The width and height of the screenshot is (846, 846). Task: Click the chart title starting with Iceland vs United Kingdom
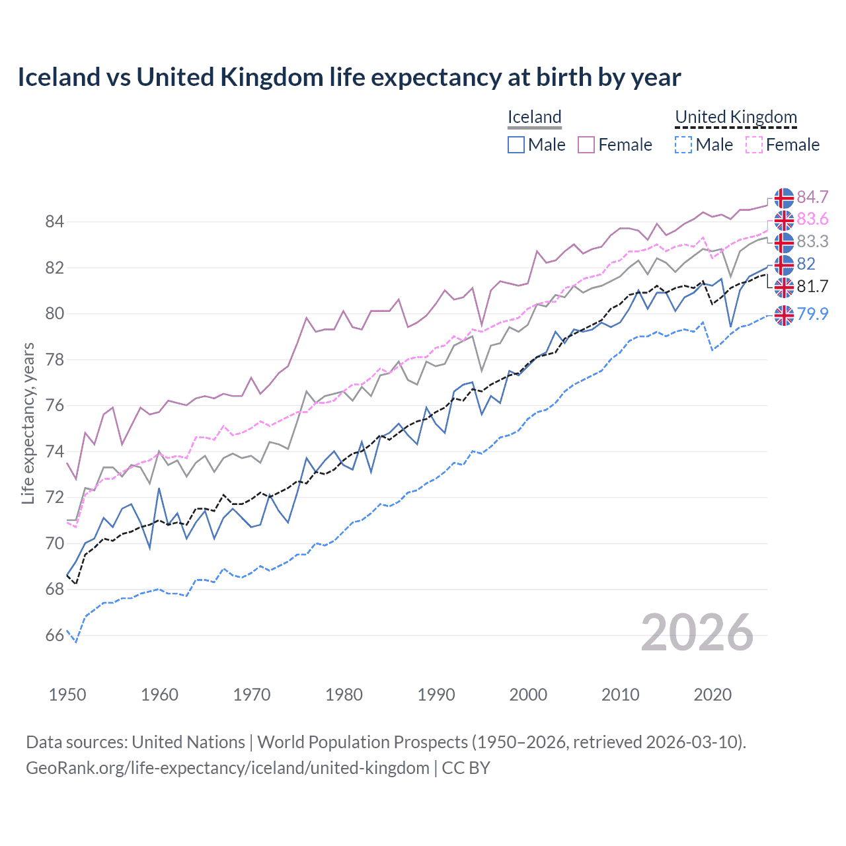pyautogui.click(x=349, y=77)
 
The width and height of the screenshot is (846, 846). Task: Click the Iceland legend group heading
pyautogui.click(x=534, y=117)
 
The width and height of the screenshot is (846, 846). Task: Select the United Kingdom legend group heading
pyautogui.click(x=736, y=117)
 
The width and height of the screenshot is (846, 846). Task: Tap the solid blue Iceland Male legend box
pyautogui.click(x=516, y=145)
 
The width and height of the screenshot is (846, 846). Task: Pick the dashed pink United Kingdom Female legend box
pyautogui.click(x=754, y=145)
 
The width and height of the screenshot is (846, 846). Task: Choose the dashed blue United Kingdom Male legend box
pyautogui.click(x=683, y=145)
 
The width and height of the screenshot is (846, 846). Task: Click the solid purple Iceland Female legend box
pyautogui.click(x=586, y=145)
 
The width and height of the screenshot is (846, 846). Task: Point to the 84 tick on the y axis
pyautogui.click(x=54, y=222)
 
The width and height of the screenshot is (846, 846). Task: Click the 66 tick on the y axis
pyautogui.click(x=54, y=636)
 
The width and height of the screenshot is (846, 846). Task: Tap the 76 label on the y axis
pyautogui.click(x=54, y=406)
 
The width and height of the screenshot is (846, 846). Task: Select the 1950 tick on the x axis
pyautogui.click(x=67, y=695)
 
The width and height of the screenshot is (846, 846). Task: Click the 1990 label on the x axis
pyautogui.click(x=436, y=695)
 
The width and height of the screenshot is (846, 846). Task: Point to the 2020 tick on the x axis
pyautogui.click(x=712, y=695)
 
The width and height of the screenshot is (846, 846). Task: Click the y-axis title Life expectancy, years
pyautogui.click(x=28, y=423)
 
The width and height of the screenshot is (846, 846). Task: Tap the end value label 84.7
pyautogui.click(x=812, y=198)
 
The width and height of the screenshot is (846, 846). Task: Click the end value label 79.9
pyautogui.click(x=812, y=314)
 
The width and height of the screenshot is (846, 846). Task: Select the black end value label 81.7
pyautogui.click(x=812, y=286)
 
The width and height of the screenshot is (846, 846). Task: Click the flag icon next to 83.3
pyautogui.click(x=784, y=243)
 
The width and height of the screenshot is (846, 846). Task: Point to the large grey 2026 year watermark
pyautogui.click(x=697, y=633)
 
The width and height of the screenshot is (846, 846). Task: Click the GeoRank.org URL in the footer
pyautogui.click(x=227, y=768)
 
